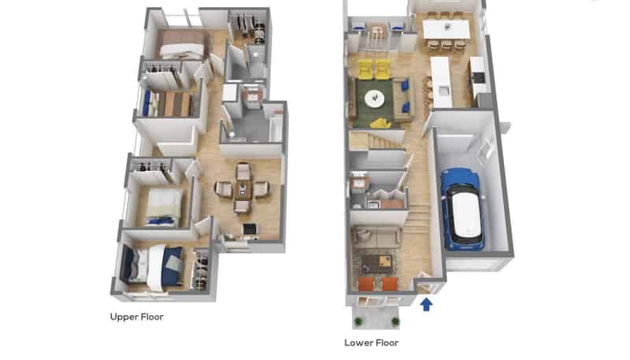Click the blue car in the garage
click(x=462, y=209)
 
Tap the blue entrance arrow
click(x=426, y=304)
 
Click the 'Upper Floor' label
click(x=136, y=317)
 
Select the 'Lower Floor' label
click(x=371, y=343)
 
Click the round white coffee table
click(x=374, y=98)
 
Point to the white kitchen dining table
click(x=447, y=29)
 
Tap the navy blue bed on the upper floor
click(x=152, y=265)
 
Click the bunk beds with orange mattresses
click(x=169, y=104)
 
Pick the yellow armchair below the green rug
click(x=380, y=124)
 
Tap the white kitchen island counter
click(x=441, y=82)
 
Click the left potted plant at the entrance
click(x=358, y=321)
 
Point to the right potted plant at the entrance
click(x=395, y=321)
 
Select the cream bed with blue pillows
click(x=163, y=207)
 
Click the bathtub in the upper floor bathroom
click(x=276, y=128)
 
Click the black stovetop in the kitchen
click(x=478, y=77)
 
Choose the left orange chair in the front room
click(x=365, y=284)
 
